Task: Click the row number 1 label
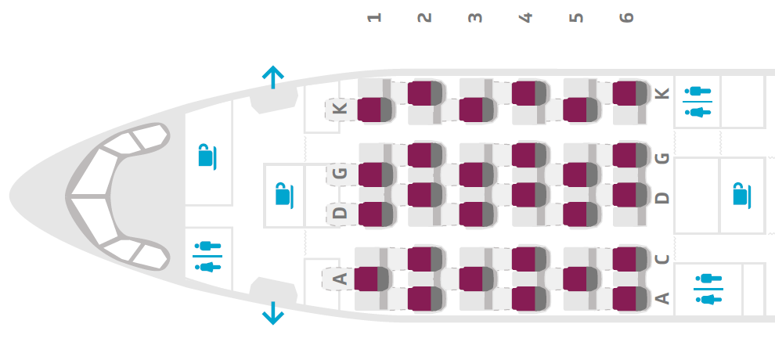375,16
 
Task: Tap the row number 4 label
525,16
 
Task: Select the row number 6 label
625,16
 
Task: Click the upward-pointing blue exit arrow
272,77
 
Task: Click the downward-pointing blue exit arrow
272,314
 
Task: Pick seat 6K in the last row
629,93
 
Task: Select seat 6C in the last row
629,258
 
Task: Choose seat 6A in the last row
629,298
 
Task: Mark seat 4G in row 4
528,155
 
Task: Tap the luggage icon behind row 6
740,193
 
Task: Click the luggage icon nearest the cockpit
206,156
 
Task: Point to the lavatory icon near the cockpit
207,257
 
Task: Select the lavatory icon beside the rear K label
697,102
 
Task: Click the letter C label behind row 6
662,259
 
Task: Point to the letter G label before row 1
340,174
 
